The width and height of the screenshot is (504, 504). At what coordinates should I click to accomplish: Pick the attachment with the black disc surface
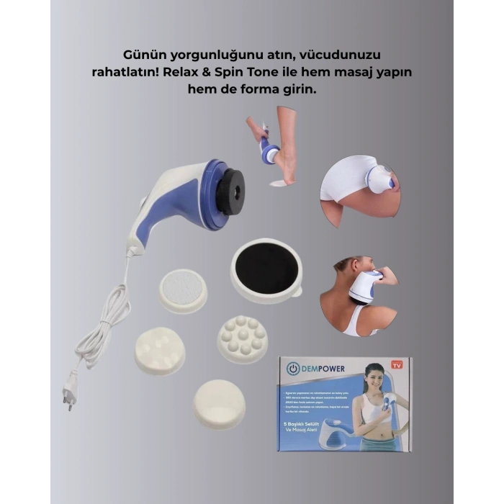(x=266, y=271)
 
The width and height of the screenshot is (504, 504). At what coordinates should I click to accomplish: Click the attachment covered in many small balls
(x=243, y=338)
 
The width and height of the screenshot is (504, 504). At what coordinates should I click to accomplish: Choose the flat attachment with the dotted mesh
(x=183, y=289)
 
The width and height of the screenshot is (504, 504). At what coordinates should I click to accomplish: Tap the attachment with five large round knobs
(x=159, y=350)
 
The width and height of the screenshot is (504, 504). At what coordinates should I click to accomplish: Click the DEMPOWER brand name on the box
(x=323, y=369)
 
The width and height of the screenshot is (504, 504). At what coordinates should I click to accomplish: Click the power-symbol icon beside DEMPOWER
(x=292, y=369)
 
